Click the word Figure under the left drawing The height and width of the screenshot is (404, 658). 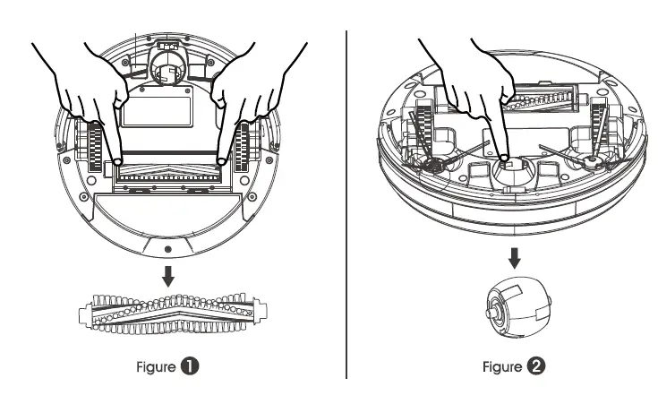pos(156,367)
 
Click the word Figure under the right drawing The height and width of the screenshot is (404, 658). pos(502,366)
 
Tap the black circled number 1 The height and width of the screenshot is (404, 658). pos(190,366)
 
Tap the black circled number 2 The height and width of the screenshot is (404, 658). pos(536,366)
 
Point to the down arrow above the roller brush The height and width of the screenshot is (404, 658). pos(168,276)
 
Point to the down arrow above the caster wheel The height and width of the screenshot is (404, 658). pos(515,258)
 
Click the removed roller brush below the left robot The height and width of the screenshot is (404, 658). pos(173,314)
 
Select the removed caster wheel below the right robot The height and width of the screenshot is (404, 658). pos(518,307)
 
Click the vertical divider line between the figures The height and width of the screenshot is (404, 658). pos(346,204)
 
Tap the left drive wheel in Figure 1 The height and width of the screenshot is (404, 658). pos(95,147)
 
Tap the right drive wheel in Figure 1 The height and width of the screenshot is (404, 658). pos(242,147)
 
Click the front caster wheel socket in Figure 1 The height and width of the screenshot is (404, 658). pos(168,66)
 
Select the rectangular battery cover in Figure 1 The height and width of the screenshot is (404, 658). pos(157,111)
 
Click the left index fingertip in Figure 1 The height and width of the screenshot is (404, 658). pos(117,161)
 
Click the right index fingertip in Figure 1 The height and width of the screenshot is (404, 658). pos(221,161)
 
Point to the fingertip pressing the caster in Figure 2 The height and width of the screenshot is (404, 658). pos(504,158)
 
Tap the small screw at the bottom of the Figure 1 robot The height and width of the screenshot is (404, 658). pos(168,249)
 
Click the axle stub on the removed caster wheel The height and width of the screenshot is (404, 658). pos(489,314)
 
